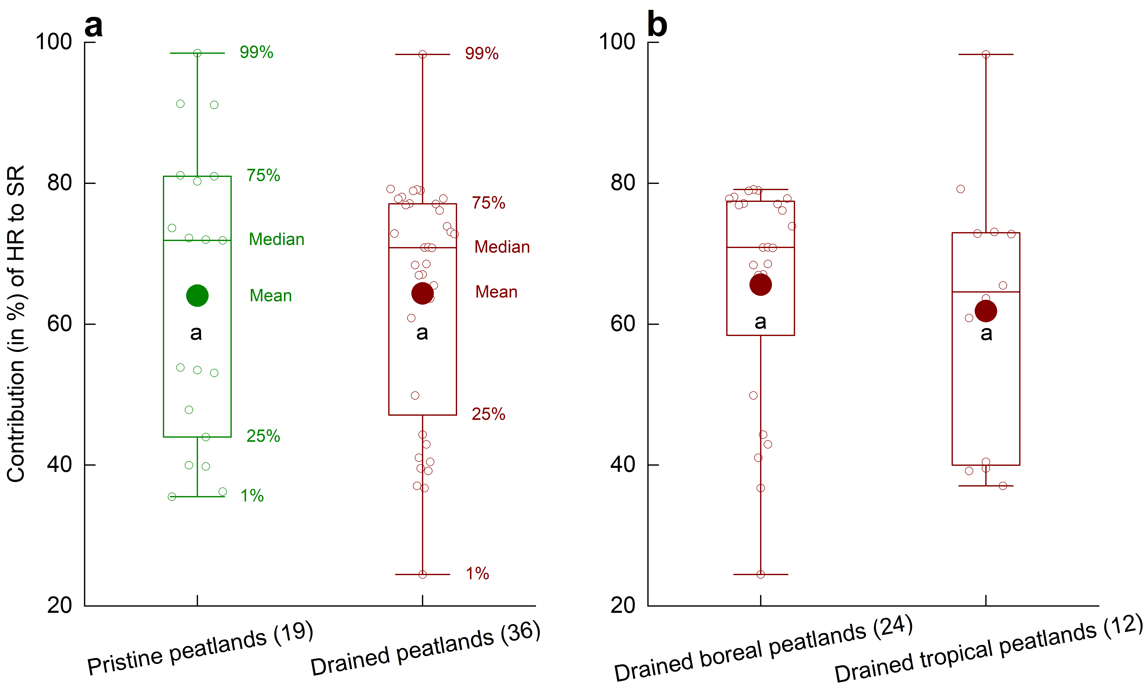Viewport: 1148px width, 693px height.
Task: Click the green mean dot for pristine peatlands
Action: pos(197,295)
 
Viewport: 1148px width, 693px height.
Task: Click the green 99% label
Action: pos(256,52)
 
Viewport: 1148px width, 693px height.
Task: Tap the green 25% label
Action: pos(263,436)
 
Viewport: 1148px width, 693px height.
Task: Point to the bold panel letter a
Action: pos(93,26)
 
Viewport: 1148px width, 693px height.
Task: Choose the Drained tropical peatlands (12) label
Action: pos(988,649)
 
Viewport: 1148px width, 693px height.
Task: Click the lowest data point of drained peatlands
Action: pos(422,574)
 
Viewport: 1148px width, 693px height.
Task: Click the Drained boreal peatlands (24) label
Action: pos(763,649)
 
